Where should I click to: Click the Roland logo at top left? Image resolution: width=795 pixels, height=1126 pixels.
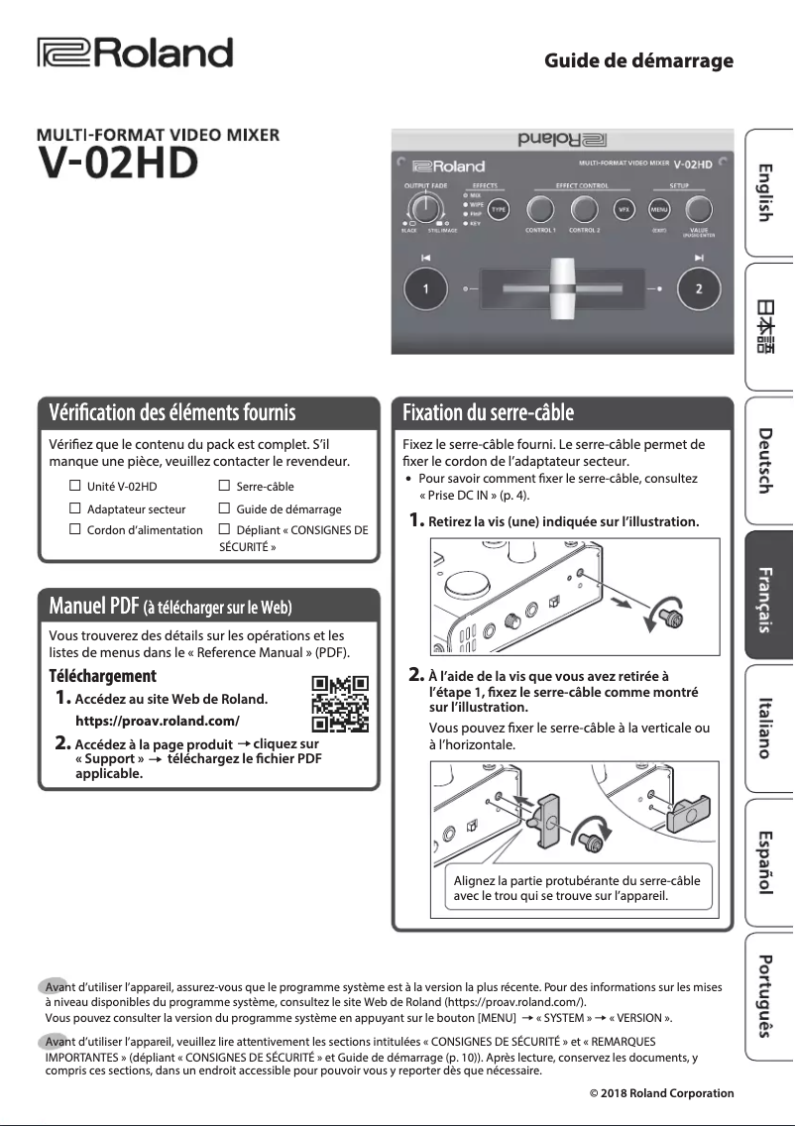(x=135, y=54)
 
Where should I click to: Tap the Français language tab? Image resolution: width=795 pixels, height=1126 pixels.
(x=768, y=598)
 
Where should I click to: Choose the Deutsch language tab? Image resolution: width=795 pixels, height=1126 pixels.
(x=768, y=461)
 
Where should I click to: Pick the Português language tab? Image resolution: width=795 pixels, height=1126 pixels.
(x=768, y=994)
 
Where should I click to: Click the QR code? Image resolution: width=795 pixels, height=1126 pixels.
(x=340, y=702)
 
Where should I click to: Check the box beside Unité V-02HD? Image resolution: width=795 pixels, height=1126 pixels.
(x=74, y=487)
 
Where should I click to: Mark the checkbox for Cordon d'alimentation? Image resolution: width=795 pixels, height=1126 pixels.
(x=74, y=529)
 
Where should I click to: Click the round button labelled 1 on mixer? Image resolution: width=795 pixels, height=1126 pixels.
(x=425, y=289)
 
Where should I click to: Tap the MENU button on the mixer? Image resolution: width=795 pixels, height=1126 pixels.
(x=658, y=209)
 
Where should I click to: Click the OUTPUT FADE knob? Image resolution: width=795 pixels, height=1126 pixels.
(x=425, y=207)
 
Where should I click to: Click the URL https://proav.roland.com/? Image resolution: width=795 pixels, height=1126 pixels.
(x=158, y=721)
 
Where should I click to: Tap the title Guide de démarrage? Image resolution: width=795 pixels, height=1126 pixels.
(x=638, y=61)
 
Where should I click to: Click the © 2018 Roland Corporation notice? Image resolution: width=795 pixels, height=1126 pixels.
(x=661, y=1093)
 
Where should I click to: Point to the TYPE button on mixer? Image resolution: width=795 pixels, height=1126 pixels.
(x=498, y=209)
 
